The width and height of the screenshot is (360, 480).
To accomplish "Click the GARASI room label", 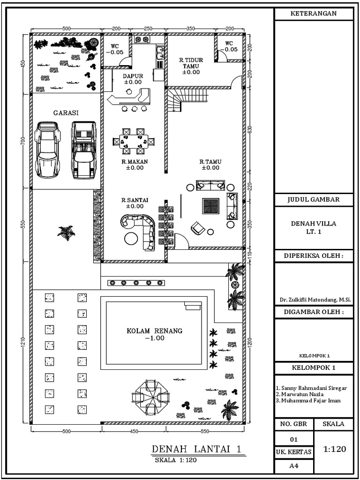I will coord(66,113).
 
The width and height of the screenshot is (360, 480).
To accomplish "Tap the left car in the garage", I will coord(47,150).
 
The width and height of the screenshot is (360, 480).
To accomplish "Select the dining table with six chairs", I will coord(134,141).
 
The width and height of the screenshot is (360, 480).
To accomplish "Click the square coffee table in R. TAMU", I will coord(210,206).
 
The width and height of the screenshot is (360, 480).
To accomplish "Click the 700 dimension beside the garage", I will coord(23,141).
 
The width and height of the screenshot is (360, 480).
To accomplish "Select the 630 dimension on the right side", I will coord(251,129).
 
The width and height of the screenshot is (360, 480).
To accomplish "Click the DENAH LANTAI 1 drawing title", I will coord(198,450).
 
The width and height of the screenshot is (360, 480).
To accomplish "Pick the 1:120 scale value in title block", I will coord(335,449).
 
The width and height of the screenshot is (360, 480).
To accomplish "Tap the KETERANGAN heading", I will coord(314,14).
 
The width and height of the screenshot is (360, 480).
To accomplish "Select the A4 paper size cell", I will coord(293,465).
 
